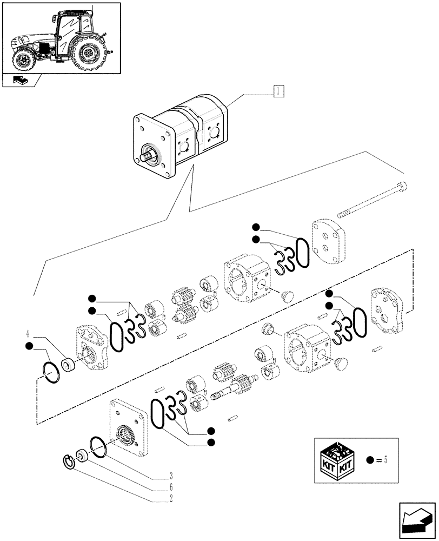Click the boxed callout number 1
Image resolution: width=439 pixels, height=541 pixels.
pyautogui.click(x=278, y=90)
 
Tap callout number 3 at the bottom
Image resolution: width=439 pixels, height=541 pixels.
pyautogui.click(x=170, y=476)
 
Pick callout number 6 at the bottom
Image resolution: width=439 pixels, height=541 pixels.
pyautogui.click(x=170, y=487)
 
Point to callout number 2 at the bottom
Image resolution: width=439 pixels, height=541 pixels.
pyautogui.click(x=170, y=498)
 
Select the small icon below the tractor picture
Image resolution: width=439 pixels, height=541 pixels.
pyautogui.click(x=22, y=81)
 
